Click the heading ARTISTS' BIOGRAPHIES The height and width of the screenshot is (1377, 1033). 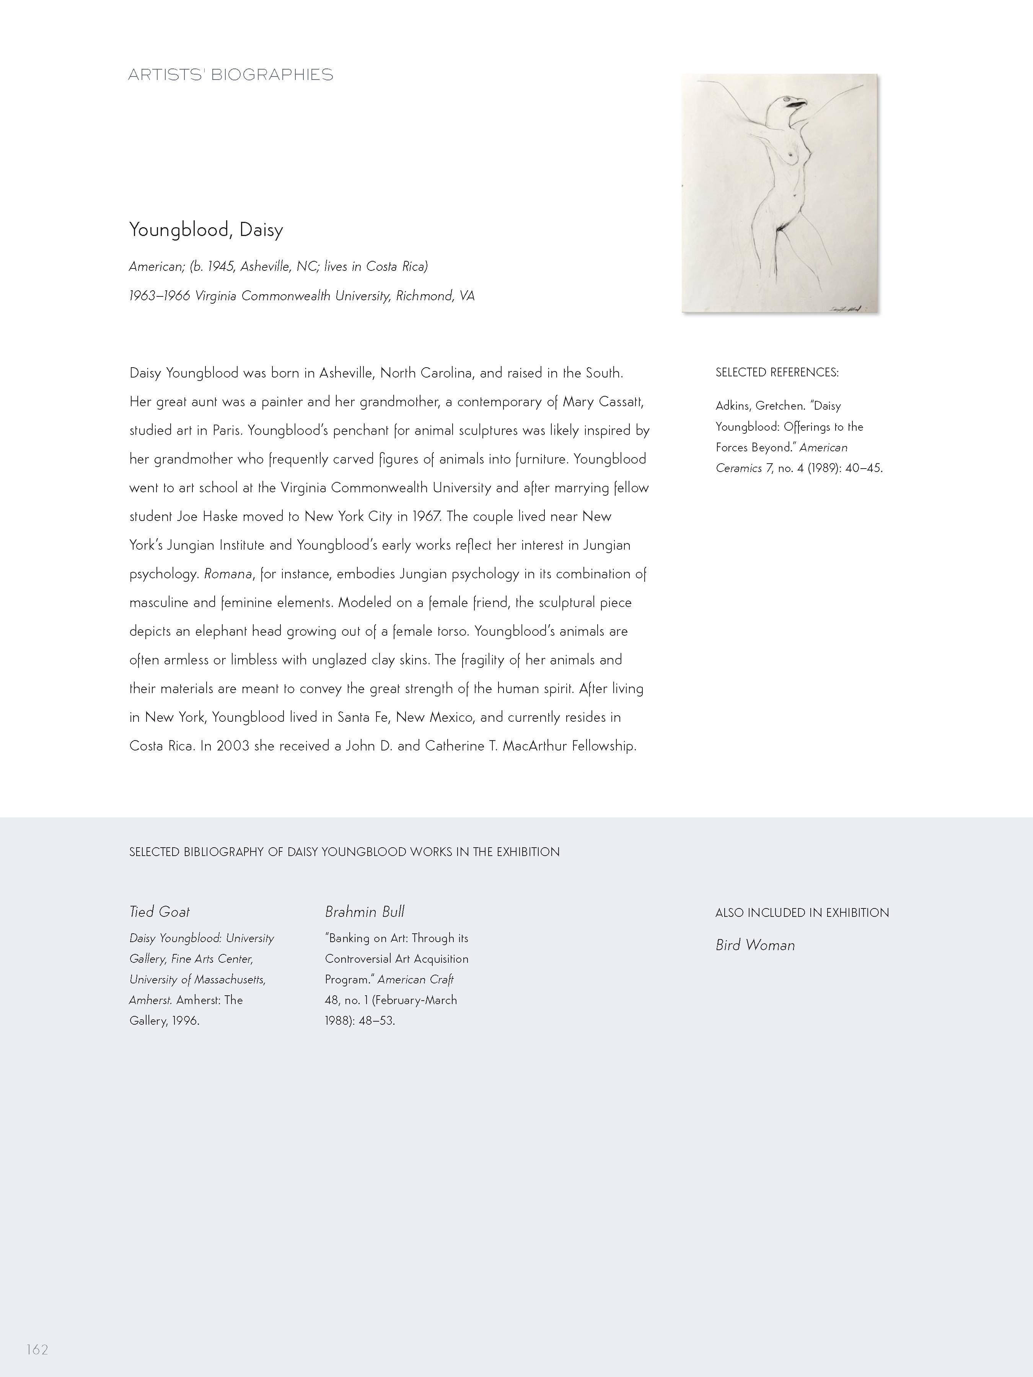pyautogui.click(x=230, y=75)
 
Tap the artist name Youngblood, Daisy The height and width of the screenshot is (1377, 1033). pyautogui.click(x=206, y=230)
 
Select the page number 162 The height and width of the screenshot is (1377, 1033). pyautogui.click(x=37, y=1349)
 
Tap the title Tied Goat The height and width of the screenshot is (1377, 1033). pyautogui.click(x=160, y=912)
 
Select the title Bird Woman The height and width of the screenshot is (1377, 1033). pyautogui.click(x=755, y=945)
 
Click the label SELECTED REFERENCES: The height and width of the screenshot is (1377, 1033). pyautogui.click(x=777, y=372)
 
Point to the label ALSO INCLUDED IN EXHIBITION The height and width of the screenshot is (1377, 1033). pyautogui.click(x=802, y=913)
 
